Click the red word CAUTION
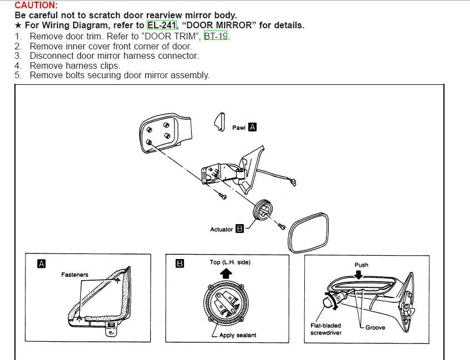35,5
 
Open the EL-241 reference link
161,26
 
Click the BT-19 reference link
216,36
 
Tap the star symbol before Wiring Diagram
18,26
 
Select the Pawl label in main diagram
238,128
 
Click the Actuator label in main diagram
221,229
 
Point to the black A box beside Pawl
253,127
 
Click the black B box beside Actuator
239,229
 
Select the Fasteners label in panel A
75,275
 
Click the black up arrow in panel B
227,273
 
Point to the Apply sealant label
237,335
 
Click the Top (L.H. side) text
230,262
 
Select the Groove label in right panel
375,327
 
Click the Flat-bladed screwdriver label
326,329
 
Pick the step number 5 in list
18,75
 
